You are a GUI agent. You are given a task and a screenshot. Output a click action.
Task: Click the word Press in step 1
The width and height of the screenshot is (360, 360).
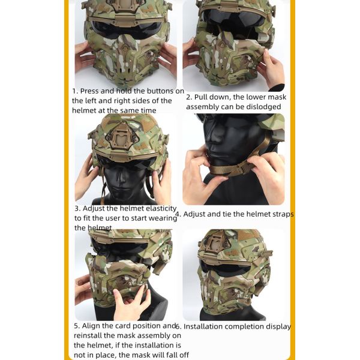click(91, 91)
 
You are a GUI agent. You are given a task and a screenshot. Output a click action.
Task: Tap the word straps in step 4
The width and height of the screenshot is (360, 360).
click(280, 214)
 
